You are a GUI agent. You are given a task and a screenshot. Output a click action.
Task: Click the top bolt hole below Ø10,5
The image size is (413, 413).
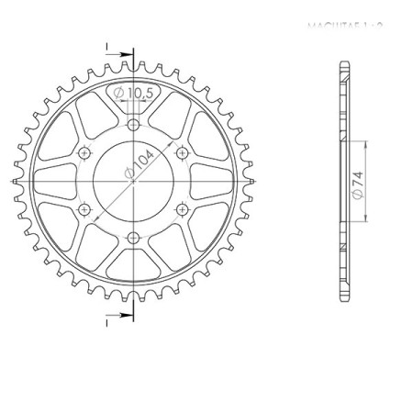point(134,124)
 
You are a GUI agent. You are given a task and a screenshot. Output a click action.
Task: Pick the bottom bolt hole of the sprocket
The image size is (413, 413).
point(134,239)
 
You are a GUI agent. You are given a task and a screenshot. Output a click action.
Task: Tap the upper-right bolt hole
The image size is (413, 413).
point(183,152)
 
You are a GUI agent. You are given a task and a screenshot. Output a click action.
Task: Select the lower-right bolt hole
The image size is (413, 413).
point(183,210)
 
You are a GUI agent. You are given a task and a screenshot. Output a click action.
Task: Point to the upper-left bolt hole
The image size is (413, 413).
point(84,152)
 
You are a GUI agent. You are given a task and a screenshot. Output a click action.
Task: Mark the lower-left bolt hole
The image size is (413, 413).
point(84,210)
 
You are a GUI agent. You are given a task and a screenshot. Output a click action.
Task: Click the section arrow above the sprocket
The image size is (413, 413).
point(112,47)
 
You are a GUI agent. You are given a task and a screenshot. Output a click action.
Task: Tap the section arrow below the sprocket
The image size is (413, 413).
point(112,320)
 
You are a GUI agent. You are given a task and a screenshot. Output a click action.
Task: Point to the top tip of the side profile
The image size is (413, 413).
point(344,62)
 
